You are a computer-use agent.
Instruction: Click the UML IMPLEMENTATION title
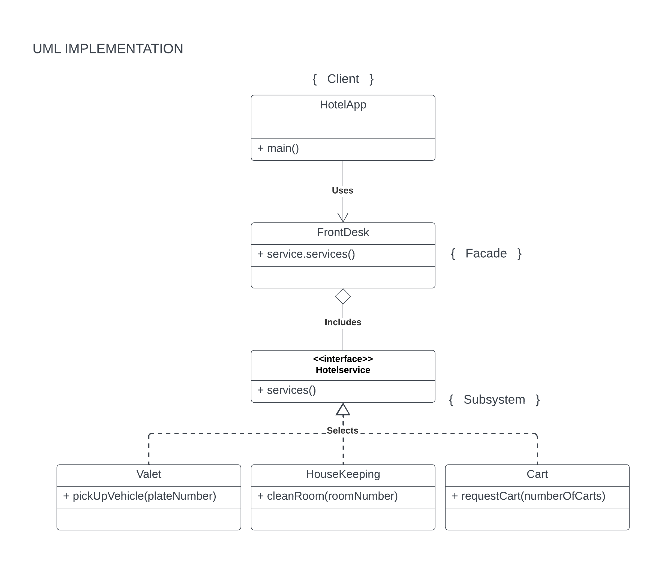[x=108, y=49]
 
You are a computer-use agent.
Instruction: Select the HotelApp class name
[x=343, y=105]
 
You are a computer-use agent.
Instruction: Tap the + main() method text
[x=278, y=148]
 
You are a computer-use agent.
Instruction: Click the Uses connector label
[x=342, y=191]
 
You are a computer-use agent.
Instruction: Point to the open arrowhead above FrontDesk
[x=343, y=218]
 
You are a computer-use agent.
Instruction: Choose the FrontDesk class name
[x=343, y=232]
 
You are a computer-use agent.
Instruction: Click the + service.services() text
[x=306, y=254]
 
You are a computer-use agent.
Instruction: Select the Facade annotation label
[x=486, y=254]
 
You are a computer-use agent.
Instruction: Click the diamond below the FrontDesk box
[x=343, y=296]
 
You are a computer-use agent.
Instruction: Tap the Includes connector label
[x=343, y=322]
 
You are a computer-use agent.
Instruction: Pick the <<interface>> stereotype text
[x=343, y=359]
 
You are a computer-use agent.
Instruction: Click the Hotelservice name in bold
[x=343, y=370]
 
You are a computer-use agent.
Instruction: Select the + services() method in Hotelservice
[x=287, y=390]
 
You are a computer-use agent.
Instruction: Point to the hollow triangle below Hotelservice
[x=343, y=410]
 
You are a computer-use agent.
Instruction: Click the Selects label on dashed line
[x=342, y=430]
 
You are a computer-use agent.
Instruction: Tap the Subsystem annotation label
[x=494, y=399]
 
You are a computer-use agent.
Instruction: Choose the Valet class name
[x=149, y=474]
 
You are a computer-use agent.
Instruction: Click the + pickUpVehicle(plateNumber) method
[x=140, y=496]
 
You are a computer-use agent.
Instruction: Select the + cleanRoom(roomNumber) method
[x=328, y=496]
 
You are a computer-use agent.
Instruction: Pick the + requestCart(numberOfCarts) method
[x=528, y=496]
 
